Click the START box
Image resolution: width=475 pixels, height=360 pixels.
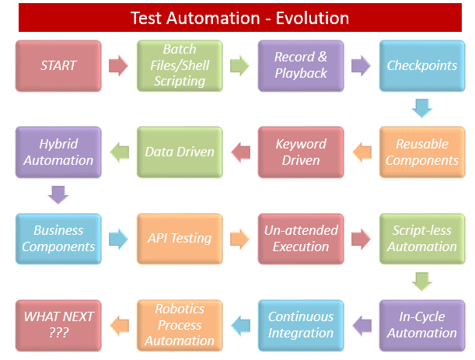click(58, 65)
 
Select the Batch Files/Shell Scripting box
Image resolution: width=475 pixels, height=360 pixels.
click(180, 65)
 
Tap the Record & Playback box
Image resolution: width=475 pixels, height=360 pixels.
click(301, 65)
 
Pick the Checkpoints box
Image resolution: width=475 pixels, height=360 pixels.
click(422, 65)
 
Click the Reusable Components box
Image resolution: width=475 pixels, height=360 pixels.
click(422, 152)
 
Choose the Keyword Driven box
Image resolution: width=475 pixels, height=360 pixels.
click(301, 152)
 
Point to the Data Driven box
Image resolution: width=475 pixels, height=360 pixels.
click(180, 152)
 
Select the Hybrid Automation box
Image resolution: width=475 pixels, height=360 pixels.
click(58, 152)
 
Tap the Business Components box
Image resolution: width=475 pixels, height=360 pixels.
click(58, 238)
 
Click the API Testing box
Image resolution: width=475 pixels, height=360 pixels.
click(180, 238)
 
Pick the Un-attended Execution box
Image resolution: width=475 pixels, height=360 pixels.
click(301, 238)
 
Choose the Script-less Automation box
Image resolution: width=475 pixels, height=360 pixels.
click(422, 238)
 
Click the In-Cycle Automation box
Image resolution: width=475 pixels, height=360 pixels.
click(422, 324)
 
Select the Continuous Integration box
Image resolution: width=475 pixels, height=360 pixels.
click(301, 324)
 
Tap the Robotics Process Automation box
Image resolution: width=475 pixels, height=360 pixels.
click(180, 324)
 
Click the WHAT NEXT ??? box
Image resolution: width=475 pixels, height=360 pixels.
click(58, 324)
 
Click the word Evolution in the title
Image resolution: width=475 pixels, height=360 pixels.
click(309, 17)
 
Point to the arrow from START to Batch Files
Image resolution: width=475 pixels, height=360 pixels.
click(119, 65)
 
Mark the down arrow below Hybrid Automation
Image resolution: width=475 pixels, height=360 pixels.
click(58, 194)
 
